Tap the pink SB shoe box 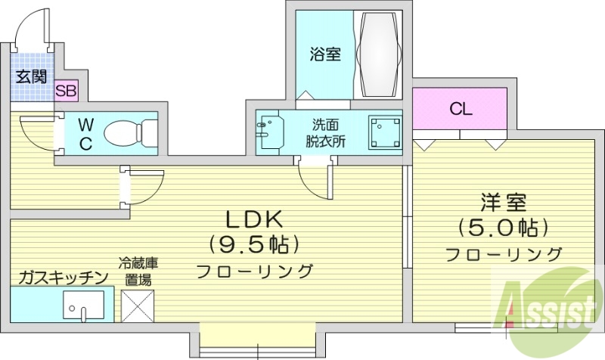(x=66, y=92)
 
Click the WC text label (x=85, y=134)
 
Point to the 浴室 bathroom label (x=325, y=54)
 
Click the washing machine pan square (x=383, y=132)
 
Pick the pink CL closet (x=460, y=108)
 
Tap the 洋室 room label (x=503, y=203)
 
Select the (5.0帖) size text (x=503, y=226)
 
